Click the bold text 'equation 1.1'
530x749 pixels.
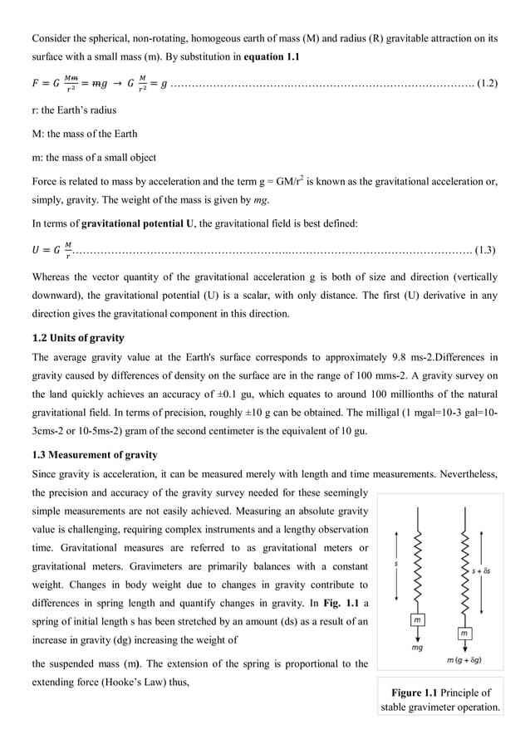[x=271, y=56]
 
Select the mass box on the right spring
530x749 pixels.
[x=465, y=634]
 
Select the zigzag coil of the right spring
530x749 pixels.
[x=465, y=573]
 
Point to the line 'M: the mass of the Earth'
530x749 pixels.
[x=85, y=134]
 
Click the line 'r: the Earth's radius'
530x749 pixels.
[x=74, y=110]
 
